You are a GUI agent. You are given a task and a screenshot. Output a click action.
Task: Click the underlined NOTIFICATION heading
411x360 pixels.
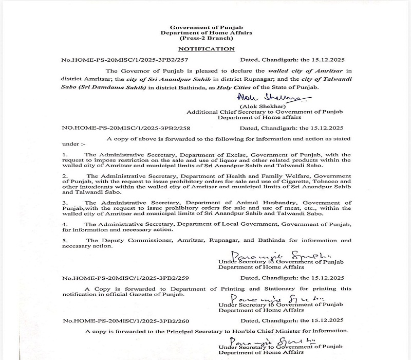click(206, 49)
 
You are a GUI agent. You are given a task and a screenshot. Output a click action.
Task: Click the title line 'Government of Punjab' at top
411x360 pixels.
click(206, 26)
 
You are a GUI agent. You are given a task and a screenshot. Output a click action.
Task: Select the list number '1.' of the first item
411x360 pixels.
click(64, 154)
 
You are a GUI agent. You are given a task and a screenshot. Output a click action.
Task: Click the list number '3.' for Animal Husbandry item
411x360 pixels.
click(64, 203)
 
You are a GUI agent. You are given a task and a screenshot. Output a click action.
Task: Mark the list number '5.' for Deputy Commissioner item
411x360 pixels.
click(64, 240)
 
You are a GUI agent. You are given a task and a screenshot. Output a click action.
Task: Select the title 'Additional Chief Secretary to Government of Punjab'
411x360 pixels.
click(265, 112)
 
